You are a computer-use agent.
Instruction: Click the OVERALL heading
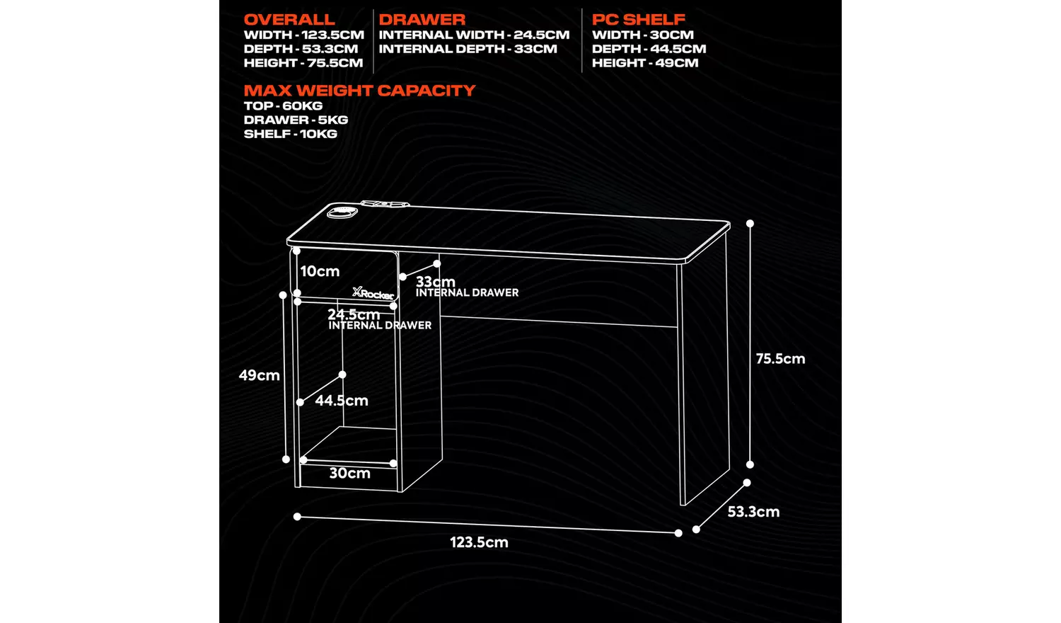289,20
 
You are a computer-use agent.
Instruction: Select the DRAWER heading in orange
422,20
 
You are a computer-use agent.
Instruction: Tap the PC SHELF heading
638,20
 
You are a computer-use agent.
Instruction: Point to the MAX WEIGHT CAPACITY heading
359,91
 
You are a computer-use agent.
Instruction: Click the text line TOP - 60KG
283,105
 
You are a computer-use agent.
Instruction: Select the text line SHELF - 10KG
290,134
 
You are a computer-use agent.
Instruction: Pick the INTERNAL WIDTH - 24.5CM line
474,35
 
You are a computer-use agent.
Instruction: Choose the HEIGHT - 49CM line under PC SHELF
645,63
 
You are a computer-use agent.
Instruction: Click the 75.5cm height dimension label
780,359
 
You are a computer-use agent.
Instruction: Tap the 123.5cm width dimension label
479,542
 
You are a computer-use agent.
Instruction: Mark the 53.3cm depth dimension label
753,512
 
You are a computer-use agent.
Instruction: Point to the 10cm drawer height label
320,271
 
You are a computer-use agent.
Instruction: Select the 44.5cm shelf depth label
342,401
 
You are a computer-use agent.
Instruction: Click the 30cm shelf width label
349,474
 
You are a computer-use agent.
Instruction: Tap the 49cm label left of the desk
259,375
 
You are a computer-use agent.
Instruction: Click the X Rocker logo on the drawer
373,293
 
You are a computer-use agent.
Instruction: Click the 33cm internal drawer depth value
435,282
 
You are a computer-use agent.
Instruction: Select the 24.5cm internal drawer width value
354,314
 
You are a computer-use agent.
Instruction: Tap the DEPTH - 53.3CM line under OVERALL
301,49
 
